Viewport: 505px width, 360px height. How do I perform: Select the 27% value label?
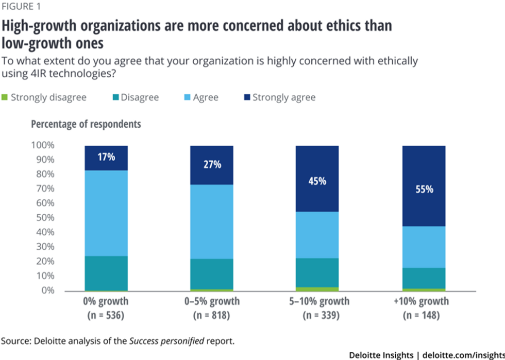212,165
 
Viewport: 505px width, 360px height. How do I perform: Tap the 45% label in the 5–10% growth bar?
317,181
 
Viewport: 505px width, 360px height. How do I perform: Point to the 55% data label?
424,188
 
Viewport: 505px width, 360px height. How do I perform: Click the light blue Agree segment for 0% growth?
106,213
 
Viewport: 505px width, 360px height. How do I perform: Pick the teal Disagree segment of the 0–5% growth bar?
212,273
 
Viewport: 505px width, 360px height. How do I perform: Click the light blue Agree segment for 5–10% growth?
317,235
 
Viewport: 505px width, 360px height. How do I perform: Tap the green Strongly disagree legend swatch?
5,97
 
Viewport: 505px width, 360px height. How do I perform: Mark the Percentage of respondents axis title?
86,124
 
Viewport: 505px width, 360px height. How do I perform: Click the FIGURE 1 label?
22,7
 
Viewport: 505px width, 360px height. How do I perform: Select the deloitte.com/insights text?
466,354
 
